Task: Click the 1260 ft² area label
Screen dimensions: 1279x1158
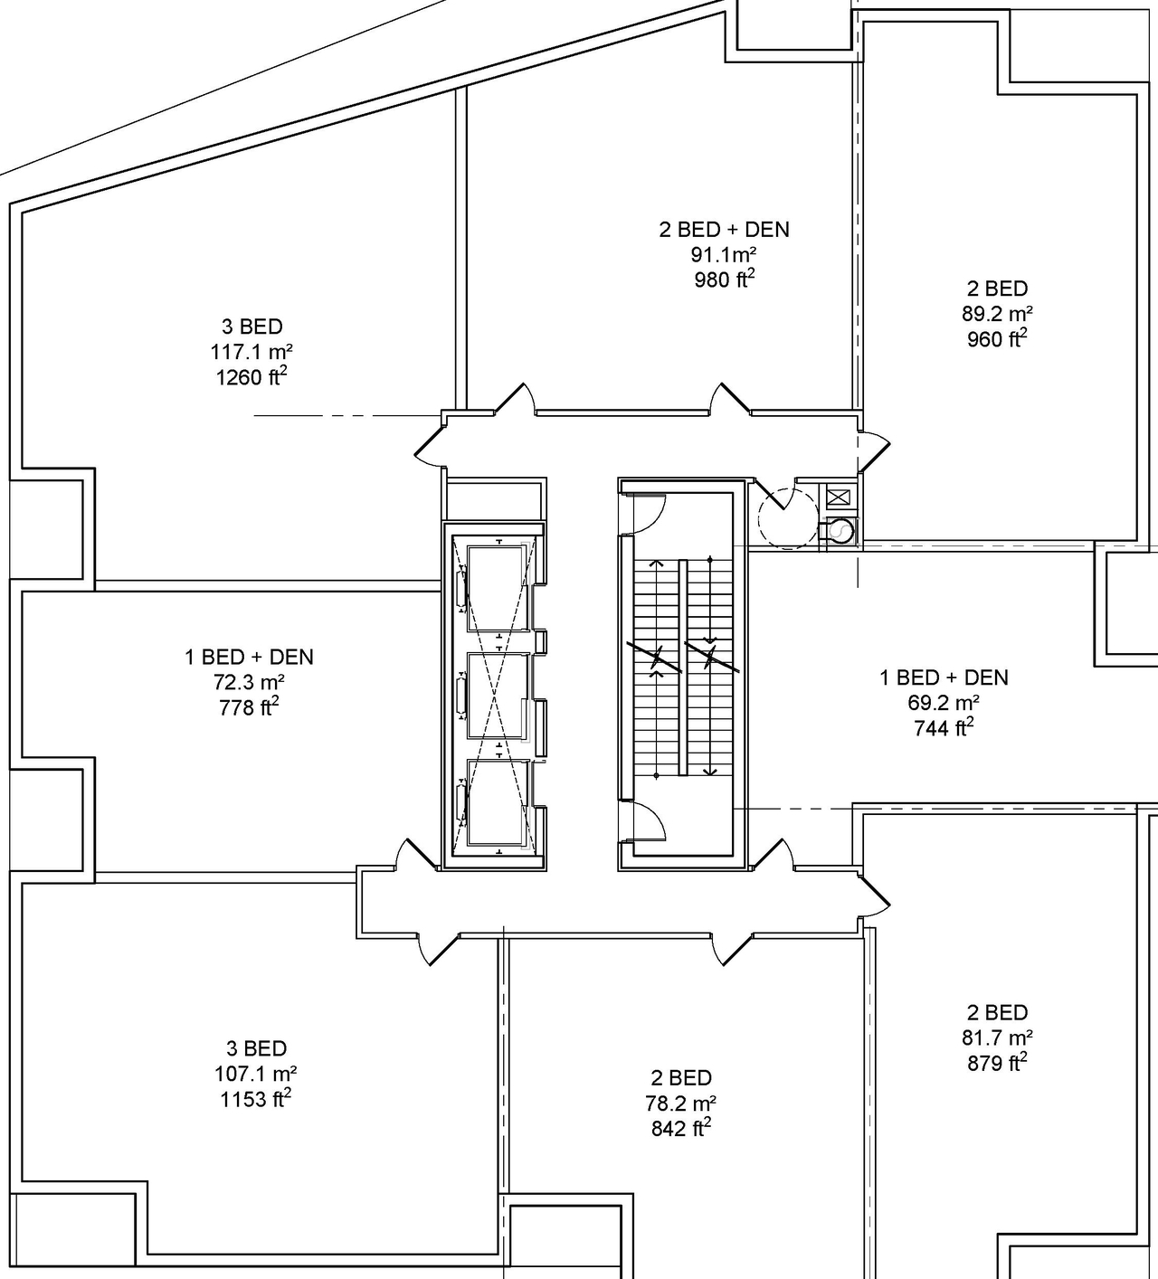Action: (252, 376)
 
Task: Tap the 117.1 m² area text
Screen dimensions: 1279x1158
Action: (252, 352)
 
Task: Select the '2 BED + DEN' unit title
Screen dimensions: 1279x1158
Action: (724, 230)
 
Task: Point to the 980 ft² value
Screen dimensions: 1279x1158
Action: (724, 279)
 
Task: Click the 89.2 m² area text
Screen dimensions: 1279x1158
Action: (997, 314)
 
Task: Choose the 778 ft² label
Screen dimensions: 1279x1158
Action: (249, 707)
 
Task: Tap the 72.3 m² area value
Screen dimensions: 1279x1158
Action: (249, 682)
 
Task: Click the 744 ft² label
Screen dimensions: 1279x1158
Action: (944, 727)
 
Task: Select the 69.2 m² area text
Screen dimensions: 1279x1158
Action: (944, 703)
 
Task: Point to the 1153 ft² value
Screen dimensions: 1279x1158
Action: (256, 1099)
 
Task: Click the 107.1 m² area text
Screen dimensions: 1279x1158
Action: (256, 1074)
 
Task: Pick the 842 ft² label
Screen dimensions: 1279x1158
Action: (680, 1128)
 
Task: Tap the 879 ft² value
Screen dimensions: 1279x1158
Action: (997, 1063)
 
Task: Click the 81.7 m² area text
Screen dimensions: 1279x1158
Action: (997, 1037)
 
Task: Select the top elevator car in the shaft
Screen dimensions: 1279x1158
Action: (496, 588)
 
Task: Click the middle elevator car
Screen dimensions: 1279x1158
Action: (496, 694)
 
